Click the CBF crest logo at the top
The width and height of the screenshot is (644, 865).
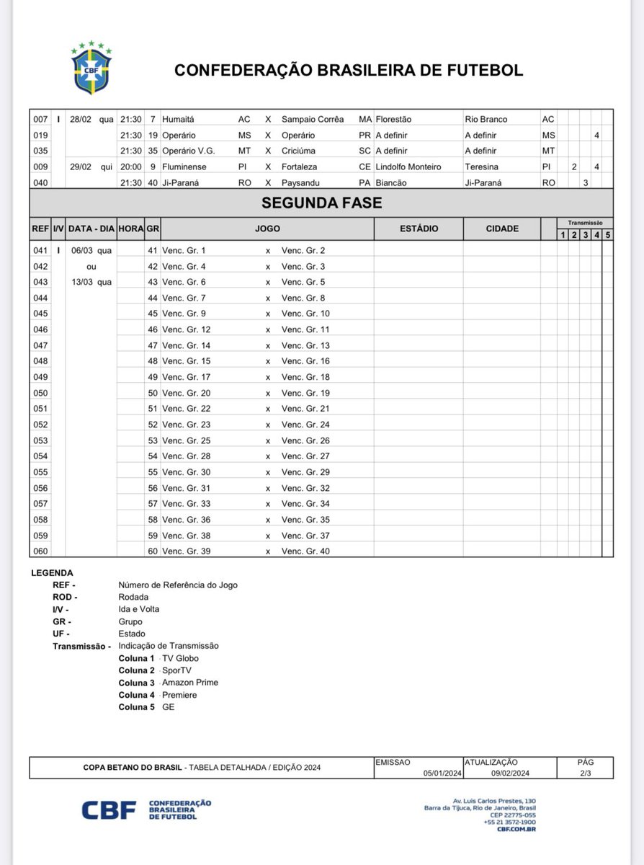91,71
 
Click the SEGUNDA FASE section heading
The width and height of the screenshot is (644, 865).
321,203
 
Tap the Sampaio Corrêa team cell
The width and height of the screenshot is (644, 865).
313,119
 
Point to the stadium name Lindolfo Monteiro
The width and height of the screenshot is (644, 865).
408,167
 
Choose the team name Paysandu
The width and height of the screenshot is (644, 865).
303,183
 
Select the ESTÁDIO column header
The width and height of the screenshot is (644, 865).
419,229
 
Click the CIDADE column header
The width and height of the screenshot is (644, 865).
502,229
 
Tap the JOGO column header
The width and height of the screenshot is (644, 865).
267,229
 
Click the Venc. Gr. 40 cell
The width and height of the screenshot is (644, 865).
305,551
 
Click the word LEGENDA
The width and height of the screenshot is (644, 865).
53,573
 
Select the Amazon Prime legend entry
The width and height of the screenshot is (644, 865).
190,683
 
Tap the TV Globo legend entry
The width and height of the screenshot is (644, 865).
180,658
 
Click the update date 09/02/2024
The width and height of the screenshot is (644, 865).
510,773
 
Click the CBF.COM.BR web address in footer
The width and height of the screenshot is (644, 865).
516,829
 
